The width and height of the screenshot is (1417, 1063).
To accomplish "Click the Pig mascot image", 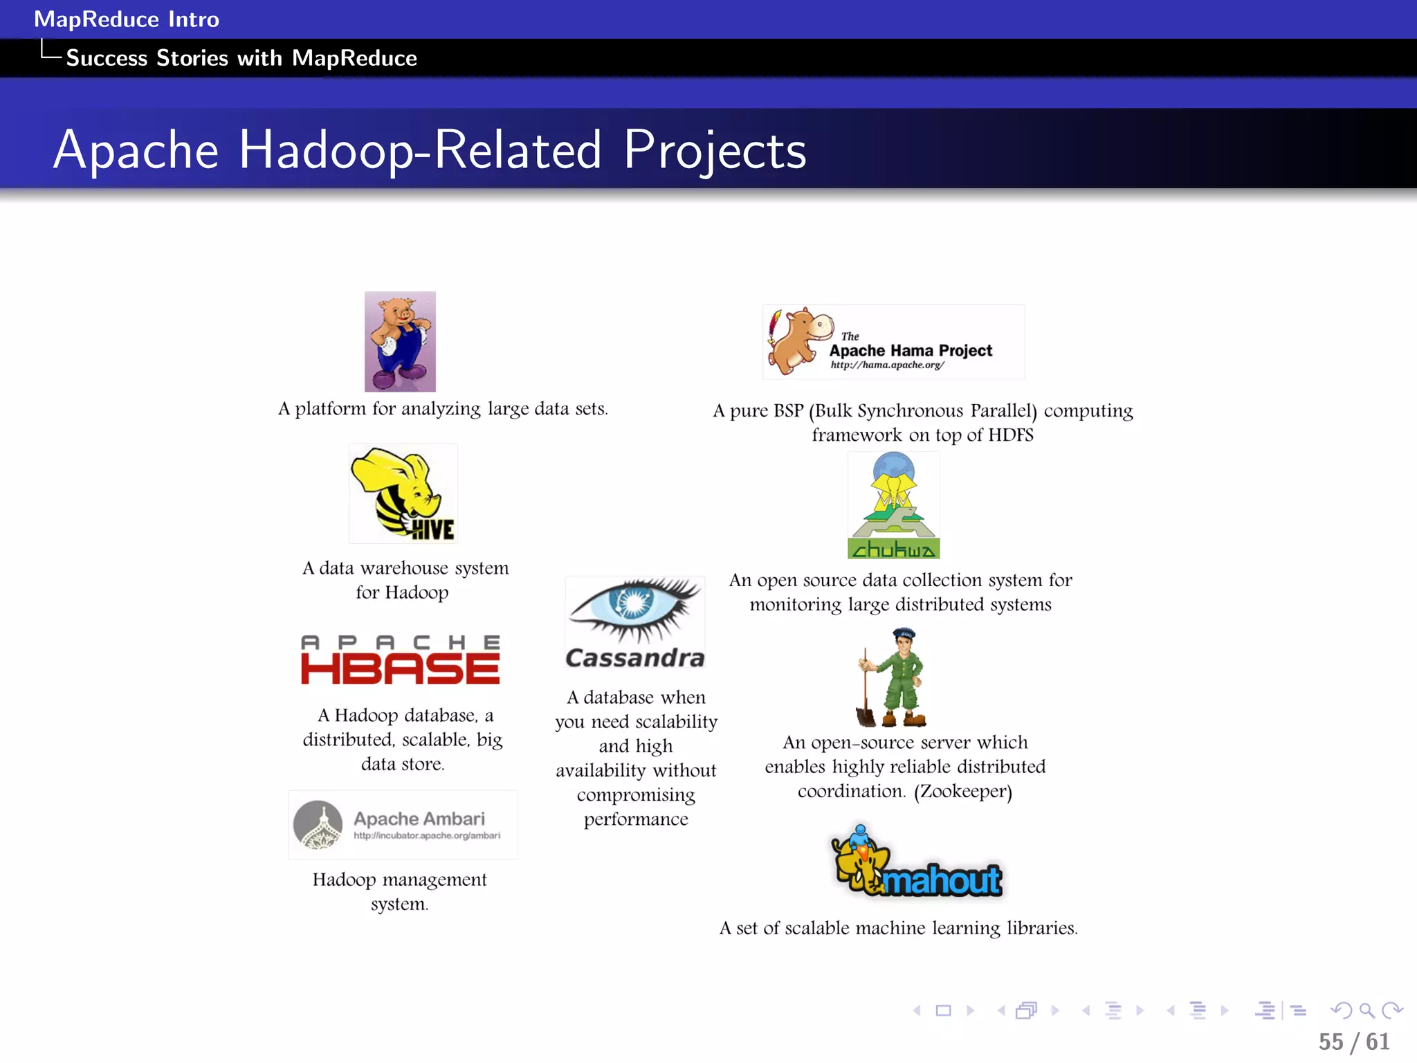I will [x=400, y=341].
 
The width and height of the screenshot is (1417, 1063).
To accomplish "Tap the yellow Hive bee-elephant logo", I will [x=403, y=493].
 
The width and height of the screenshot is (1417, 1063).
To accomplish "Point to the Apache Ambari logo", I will [x=403, y=824].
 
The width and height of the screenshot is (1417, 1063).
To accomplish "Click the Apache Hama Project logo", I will [x=893, y=342].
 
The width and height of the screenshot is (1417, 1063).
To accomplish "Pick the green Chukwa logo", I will [x=893, y=505].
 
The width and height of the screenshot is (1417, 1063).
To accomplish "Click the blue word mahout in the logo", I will [x=942, y=881].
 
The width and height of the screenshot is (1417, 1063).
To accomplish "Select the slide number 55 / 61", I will [x=1353, y=1042].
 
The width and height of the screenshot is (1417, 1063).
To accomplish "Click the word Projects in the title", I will [x=715, y=149].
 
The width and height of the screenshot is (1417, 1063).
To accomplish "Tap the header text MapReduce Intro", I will [x=127, y=19].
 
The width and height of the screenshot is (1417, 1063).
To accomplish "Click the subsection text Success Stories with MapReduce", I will [x=241, y=58].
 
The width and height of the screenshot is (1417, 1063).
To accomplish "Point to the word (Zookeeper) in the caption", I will [x=963, y=791].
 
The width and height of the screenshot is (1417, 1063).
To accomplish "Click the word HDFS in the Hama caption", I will [x=1010, y=435].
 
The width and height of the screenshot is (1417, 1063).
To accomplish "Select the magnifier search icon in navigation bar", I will [x=1366, y=1011].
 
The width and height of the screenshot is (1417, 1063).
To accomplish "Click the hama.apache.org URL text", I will [x=887, y=365].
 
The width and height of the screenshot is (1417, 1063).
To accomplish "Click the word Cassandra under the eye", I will [x=634, y=657].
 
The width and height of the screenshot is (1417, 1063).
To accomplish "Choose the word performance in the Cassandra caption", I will [x=636, y=819].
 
